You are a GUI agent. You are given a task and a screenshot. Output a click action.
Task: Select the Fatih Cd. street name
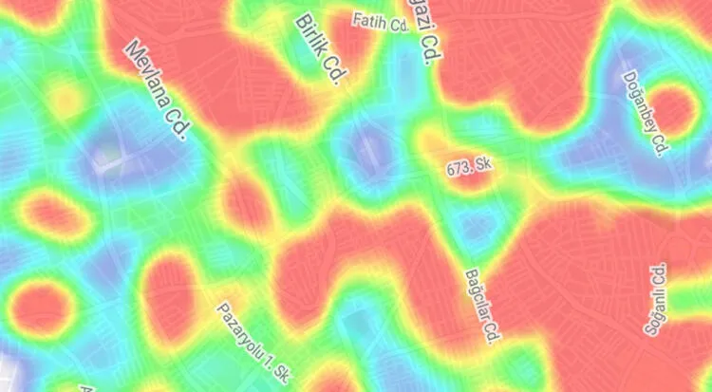pos(379,21)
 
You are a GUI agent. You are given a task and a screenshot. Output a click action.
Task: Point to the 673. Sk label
pos(470,167)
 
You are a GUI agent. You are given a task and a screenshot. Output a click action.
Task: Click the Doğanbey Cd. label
pos(646,113)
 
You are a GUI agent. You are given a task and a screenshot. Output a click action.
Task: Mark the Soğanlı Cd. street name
pos(655,299)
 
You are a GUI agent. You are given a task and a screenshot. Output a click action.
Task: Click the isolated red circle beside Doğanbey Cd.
pos(671,109)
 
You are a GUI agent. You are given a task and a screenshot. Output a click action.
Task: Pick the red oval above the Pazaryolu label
pos(169,298)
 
